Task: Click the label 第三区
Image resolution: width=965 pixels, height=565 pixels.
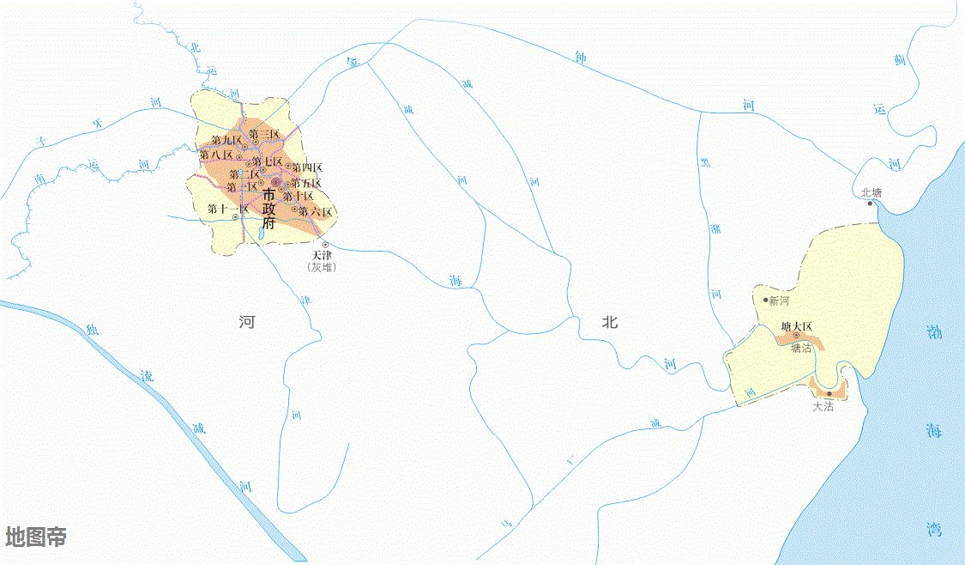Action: click(x=265, y=134)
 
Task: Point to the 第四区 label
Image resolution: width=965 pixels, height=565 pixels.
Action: click(x=307, y=167)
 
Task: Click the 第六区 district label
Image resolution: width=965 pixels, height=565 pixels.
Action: click(x=315, y=211)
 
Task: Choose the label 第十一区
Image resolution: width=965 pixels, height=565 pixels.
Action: click(x=227, y=208)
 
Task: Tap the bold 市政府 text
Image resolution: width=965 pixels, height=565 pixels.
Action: click(x=269, y=210)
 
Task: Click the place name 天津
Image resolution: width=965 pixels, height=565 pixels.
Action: click(x=322, y=256)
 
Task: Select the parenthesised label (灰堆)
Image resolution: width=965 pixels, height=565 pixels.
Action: click(x=322, y=268)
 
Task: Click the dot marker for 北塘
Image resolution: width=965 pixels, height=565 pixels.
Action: click(x=870, y=204)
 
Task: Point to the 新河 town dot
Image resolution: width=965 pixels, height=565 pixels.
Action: click(x=766, y=300)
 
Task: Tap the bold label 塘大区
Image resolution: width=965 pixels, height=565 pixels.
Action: click(x=796, y=326)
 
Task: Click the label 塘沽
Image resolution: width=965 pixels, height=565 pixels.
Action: click(x=801, y=348)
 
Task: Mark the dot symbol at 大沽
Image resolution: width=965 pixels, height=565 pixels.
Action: click(x=829, y=394)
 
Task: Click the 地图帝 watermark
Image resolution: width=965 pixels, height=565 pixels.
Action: click(x=36, y=538)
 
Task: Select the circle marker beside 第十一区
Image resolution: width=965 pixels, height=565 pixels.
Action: click(x=235, y=217)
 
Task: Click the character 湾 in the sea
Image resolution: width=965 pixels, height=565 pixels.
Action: click(x=934, y=529)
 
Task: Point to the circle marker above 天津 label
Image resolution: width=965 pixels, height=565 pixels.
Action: click(x=325, y=245)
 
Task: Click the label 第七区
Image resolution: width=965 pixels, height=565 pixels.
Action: click(x=267, y=161)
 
